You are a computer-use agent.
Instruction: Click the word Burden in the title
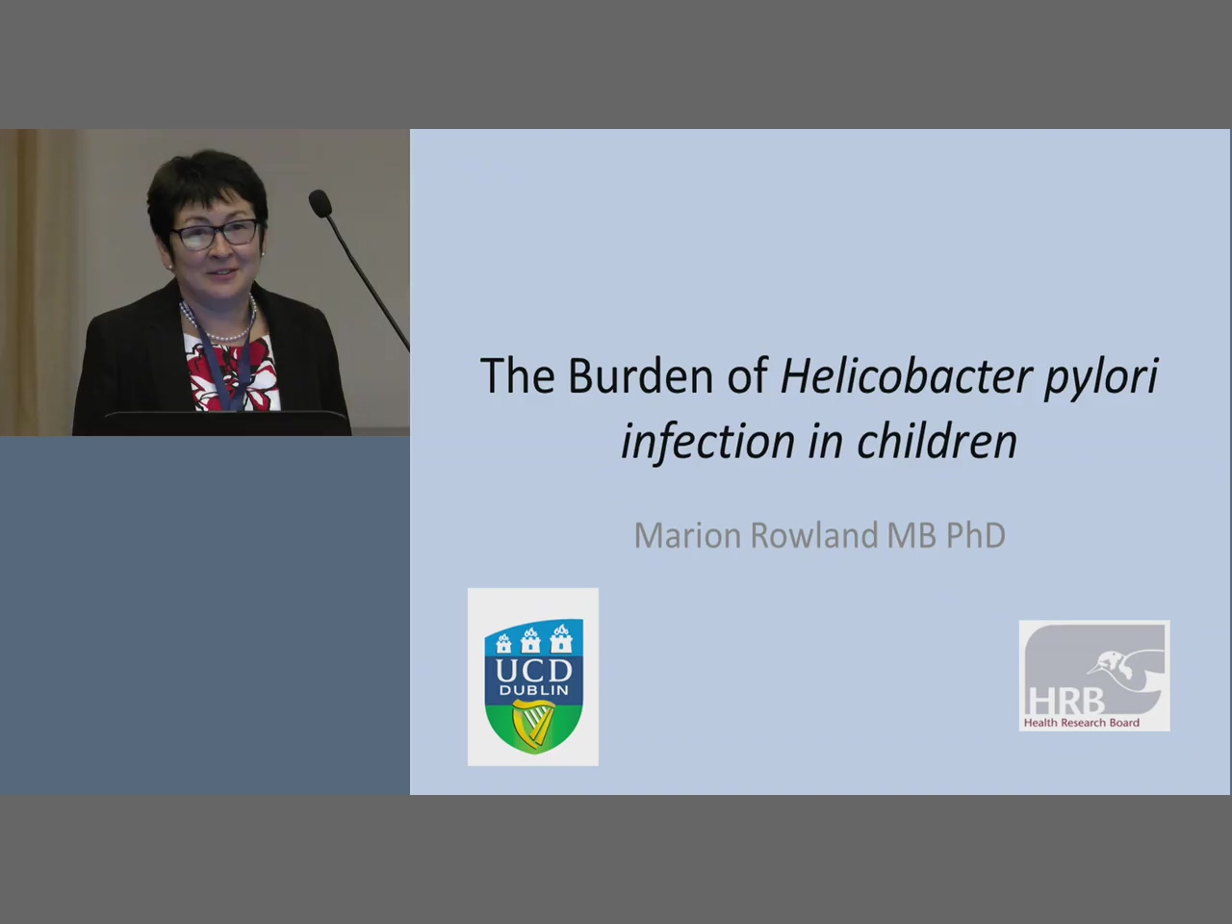coord(640,376)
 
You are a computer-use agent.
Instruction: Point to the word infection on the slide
coord(708,441)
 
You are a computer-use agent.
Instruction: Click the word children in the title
coord(937,441)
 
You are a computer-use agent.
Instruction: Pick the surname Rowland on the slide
coord(813,535)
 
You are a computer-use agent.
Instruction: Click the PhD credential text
coord(976,535)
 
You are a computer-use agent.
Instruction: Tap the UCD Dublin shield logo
coord(534,687)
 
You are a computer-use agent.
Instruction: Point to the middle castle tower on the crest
coord(531,640)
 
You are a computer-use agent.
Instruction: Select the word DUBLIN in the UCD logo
coord(534,691)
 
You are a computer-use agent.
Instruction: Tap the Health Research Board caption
coord(1082,723)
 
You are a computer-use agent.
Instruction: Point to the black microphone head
coord(321,203)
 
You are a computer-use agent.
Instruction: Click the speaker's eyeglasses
coord(217,233)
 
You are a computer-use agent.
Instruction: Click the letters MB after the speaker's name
coord(911,535)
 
